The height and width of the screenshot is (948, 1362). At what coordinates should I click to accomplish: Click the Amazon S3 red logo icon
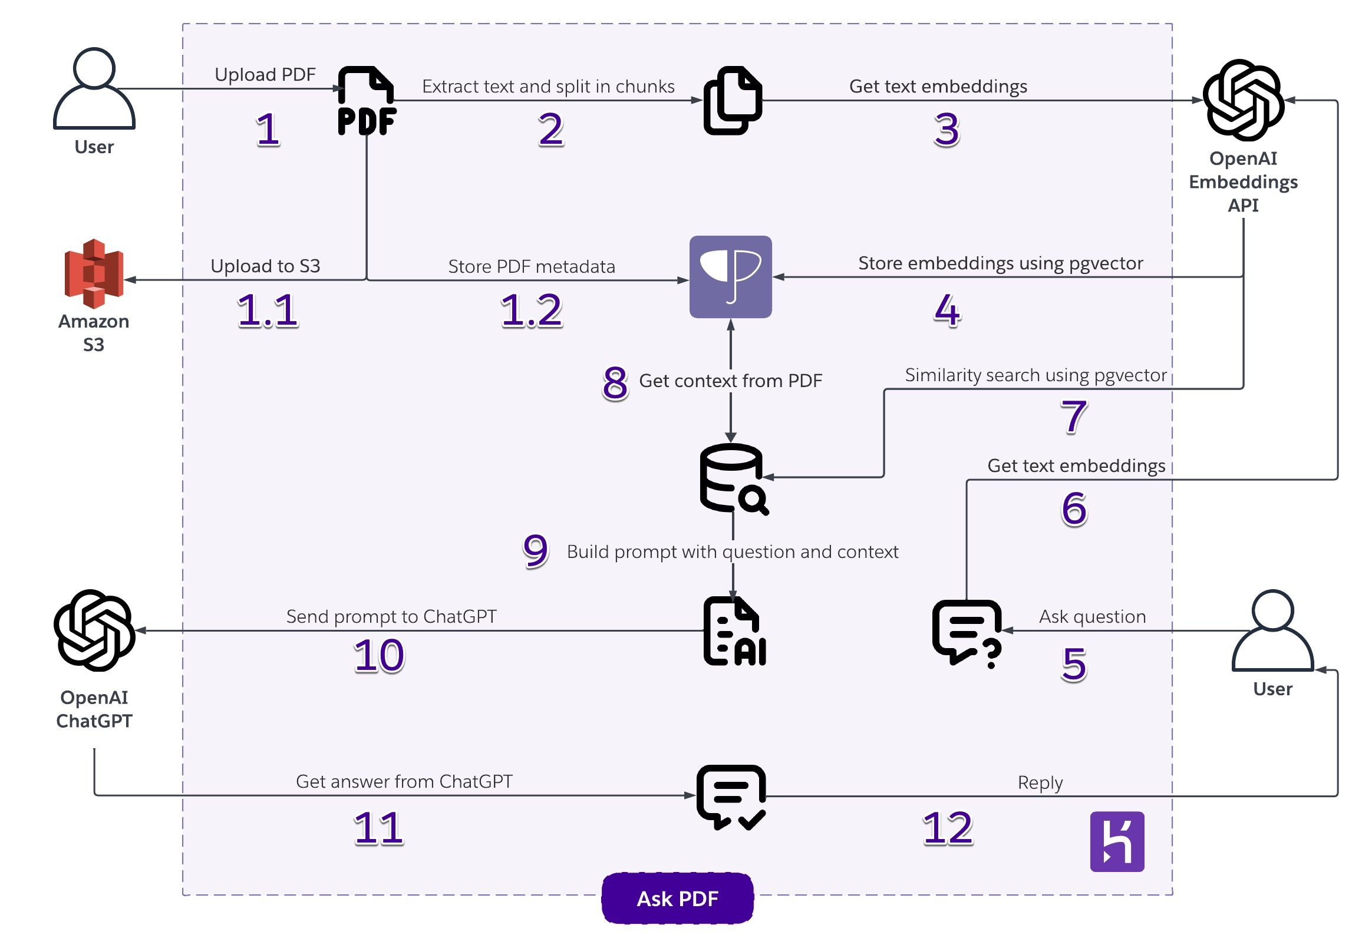pos(94,273)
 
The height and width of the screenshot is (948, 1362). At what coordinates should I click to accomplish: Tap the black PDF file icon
pos(367,101)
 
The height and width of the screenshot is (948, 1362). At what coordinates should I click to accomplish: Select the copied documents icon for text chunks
pos(732,100)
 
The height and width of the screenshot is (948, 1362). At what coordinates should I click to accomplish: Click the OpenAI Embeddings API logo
pos(1243,100)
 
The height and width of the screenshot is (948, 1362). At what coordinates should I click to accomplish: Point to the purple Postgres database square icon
pos(730,277)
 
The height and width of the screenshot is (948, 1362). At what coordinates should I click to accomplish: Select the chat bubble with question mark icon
pos(967,633)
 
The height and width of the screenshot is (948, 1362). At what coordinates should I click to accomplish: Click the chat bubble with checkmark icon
pos(731,796)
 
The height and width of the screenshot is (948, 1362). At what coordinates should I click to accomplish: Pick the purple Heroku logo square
pos(1116,841)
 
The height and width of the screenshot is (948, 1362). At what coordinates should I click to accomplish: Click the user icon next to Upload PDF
pos(94,89)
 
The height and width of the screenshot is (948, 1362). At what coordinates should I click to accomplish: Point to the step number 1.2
pos(531,311)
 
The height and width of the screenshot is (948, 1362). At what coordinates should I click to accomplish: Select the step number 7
pos(1073,417)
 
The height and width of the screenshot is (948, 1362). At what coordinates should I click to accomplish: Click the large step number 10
pos(378,656)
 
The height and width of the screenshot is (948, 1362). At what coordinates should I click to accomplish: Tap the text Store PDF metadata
pos(531,267)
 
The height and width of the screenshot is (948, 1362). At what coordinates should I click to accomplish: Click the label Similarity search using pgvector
pos(1035,375)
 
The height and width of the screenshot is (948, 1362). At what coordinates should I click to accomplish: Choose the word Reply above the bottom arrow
pos(1039,782)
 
